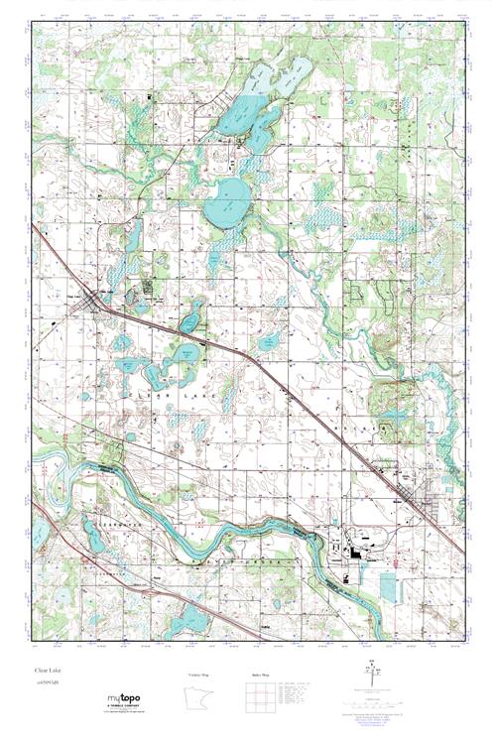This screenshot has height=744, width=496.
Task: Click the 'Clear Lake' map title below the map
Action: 48,673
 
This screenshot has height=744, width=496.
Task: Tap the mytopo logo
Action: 125,702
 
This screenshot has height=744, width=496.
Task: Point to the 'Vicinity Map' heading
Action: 201,675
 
